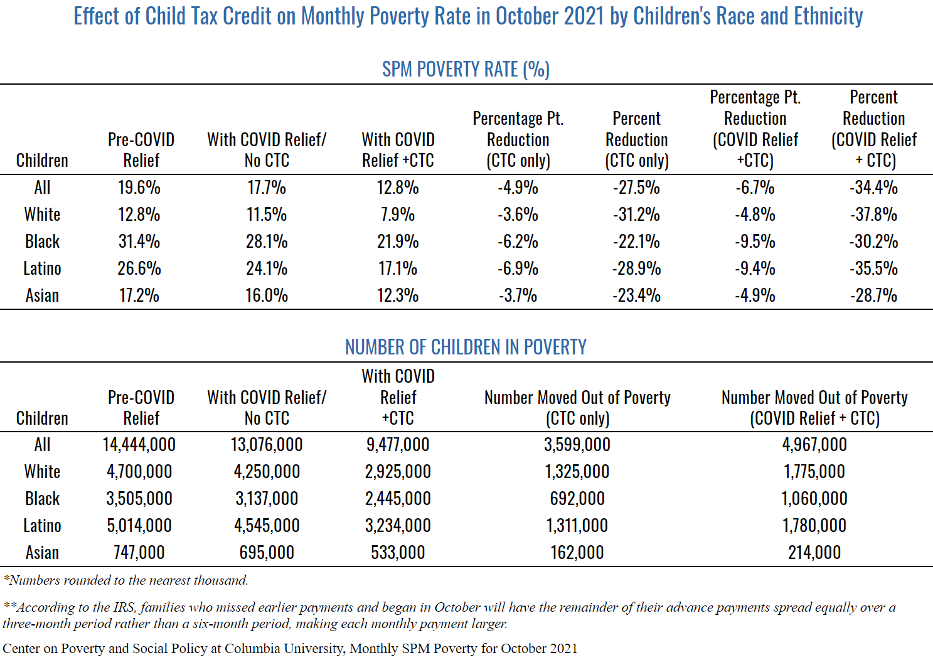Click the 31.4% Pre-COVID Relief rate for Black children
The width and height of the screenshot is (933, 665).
tap(139, 242)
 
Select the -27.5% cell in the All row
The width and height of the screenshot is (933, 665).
tap(636, 188)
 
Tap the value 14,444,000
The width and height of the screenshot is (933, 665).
tap(139, 445)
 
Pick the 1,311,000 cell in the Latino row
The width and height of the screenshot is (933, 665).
tap(577, 526)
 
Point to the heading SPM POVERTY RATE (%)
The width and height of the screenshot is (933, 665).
tap(466, 69)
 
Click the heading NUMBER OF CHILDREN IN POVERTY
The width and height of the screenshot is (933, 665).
tap(466, 347)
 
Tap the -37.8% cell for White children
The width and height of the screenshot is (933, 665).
tap(873, 215)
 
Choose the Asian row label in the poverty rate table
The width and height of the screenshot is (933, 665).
tap(42, 295)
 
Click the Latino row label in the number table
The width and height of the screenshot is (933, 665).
tap(42, 526)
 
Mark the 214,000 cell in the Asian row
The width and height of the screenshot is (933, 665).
tap(814, 553)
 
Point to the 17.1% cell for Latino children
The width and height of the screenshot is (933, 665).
tap(398, 269)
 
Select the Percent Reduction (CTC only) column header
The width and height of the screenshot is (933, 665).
tap(636, 139)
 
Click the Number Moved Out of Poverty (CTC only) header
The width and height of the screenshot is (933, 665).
tap(577, 408)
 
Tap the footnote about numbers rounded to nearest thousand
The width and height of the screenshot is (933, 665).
tap(125, 580)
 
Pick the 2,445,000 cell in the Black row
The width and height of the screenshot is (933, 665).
tap(398, 499)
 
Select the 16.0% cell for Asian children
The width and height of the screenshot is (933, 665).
tap(267, 295)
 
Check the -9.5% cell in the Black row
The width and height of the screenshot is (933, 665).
tap(755, 242)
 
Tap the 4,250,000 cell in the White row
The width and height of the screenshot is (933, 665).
tap(267, 472)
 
